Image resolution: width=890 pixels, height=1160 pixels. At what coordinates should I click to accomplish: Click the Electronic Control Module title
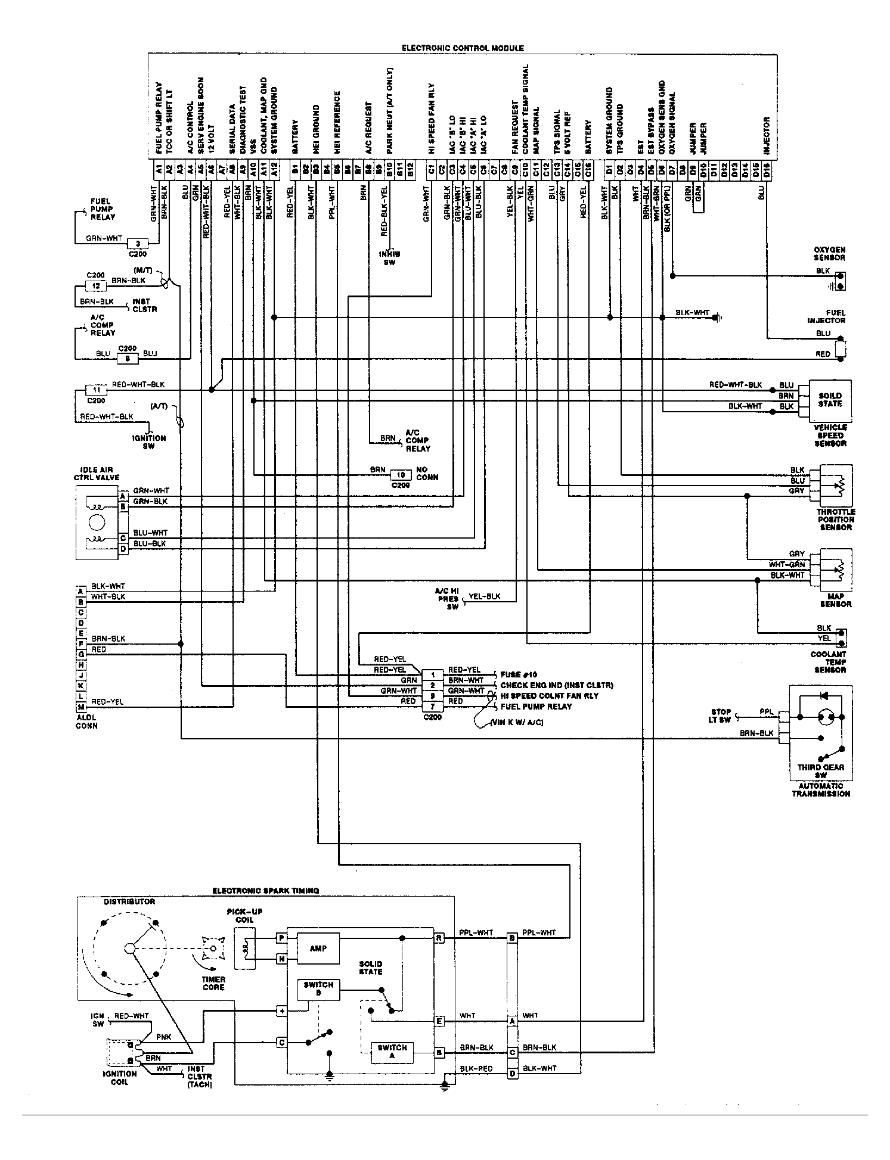(x=463, y=48)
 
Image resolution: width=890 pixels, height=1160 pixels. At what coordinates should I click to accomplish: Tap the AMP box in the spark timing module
(x=318, y=948)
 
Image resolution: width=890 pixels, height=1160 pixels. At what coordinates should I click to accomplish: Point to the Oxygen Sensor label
(x=829, y=254)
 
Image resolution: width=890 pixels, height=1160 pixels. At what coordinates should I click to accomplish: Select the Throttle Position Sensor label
(x=835, y=520)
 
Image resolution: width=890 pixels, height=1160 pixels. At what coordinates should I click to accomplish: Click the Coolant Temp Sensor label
(x=828, y=662)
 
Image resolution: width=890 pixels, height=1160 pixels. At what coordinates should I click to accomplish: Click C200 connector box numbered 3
(x=138, y=243)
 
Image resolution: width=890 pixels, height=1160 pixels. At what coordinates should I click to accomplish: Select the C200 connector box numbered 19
(x=401, y=475)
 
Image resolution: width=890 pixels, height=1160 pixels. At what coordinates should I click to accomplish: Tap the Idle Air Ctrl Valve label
(x=97, y=474)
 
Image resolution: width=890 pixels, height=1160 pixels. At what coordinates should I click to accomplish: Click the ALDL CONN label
(x=86, y=721)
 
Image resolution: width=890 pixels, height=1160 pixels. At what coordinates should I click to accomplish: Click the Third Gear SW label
(x=820, y=771)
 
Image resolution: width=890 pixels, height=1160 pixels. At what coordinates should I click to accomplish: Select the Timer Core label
(x=213, y=983)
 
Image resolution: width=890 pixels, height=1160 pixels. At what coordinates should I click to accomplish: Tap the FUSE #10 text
(x=519, y=674)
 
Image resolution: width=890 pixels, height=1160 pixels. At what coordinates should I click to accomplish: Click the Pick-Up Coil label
(x=244, y=916)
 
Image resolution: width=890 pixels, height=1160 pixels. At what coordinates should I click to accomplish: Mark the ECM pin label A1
(x=159, y=169)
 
